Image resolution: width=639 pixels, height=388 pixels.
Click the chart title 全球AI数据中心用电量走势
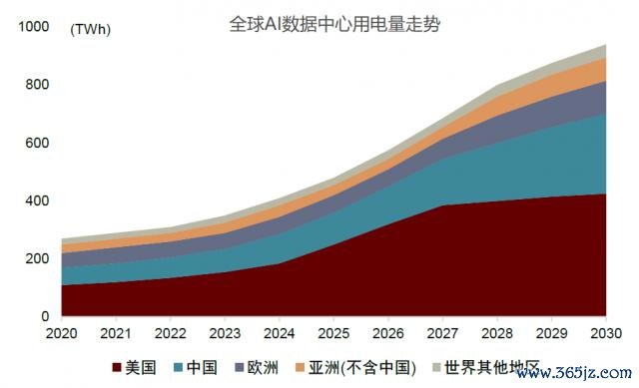(334, 24)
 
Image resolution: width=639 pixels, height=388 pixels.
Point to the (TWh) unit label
(91, 29)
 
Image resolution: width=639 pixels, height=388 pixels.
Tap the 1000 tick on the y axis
(33, 27)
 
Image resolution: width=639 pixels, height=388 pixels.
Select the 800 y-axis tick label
(37, 84)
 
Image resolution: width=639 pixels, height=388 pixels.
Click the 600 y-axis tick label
(37, 143)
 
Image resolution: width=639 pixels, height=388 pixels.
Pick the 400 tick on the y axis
(37, 200)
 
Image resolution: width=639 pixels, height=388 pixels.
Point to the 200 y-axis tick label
(37, 258)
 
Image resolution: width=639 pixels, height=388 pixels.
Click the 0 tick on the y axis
(45, 316)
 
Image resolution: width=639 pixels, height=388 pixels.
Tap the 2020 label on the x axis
(62, 333)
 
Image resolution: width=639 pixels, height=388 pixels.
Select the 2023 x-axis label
(225, 333)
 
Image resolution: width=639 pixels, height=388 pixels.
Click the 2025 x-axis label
(333, 333)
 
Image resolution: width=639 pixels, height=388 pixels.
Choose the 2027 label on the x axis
(442, 333)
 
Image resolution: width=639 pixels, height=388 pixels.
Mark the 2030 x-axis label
(606, 333)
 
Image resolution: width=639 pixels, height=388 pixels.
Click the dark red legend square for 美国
(117, 367)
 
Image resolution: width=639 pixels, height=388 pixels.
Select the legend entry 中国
(196, 367)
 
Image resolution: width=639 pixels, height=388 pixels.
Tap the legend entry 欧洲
(257, 367)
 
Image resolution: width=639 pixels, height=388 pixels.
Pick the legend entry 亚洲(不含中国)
(356, 367)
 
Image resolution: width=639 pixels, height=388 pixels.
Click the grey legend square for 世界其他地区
(437, 367)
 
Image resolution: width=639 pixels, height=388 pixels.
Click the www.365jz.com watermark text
(574, 372)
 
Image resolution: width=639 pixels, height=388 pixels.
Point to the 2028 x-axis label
(497, 333)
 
